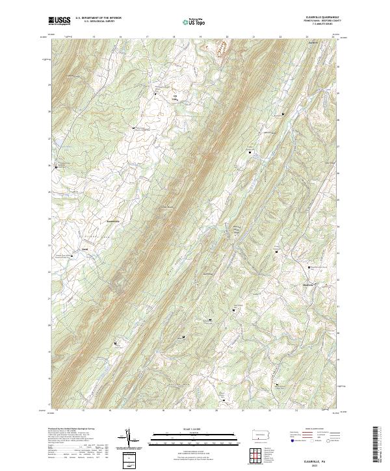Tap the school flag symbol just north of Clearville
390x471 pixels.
tap(309, 266)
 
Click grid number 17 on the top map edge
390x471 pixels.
tap(148, 37)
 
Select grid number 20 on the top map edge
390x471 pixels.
tap(227, 37)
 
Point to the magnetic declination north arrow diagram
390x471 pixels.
tap(130, 440)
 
